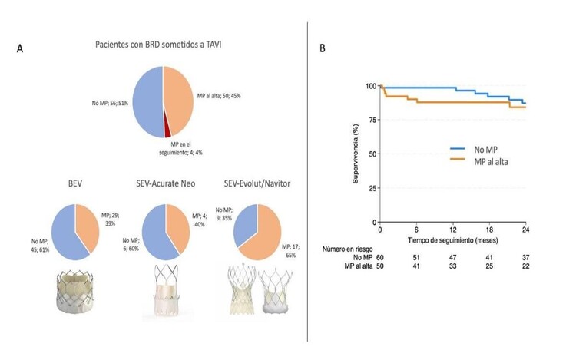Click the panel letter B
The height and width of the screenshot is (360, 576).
[322, 48]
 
